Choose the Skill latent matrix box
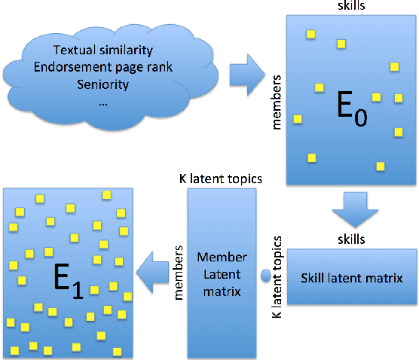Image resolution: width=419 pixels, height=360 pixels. tap(351, 277)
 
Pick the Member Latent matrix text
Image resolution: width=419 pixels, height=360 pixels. tap(218, 273)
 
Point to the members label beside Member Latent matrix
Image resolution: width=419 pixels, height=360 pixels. tap(179, 272)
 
